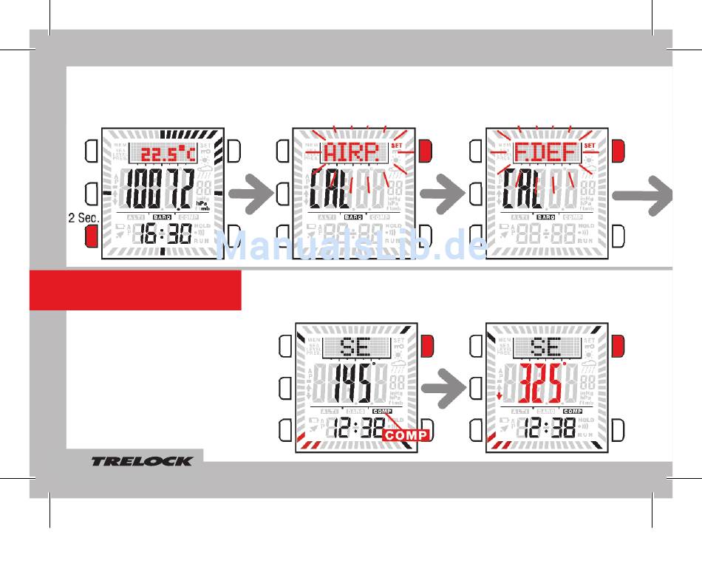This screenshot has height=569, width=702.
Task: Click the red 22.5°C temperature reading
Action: pyautogui.click(x=168, y=154)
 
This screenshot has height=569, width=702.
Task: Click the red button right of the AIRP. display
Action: pyautogui.click(x=425, y=151)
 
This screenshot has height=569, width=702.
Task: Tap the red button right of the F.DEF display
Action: pyautogui.click(x=618, y=151)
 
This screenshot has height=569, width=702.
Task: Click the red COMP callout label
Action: pyautogui.click(x=406, y=435)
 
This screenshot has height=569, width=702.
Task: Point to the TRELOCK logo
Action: pyautogui.click(x=142, y=462)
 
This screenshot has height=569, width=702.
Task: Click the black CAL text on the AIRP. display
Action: pyautogui.click(x=332, y=191)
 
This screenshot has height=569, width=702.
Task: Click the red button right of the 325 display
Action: pyautogui.click(x=618, y=345)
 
